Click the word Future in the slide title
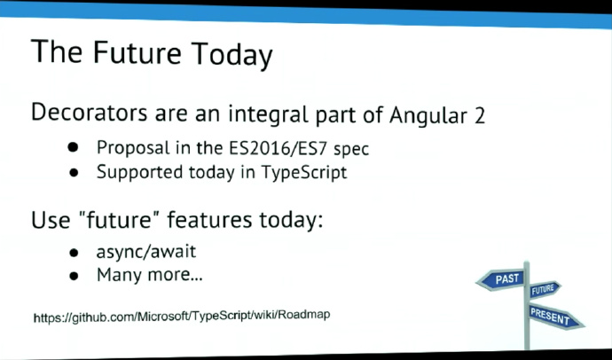137,52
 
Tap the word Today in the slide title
231,55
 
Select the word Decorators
89,113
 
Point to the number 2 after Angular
480,116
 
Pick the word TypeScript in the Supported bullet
303,172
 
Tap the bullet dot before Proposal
73,147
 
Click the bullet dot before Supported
74,172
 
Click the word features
209,220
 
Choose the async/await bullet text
146,252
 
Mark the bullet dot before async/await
74,253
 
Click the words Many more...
150,275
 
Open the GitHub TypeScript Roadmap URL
182,316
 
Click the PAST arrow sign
501,279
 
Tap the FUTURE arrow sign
545,289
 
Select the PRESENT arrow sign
555,317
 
